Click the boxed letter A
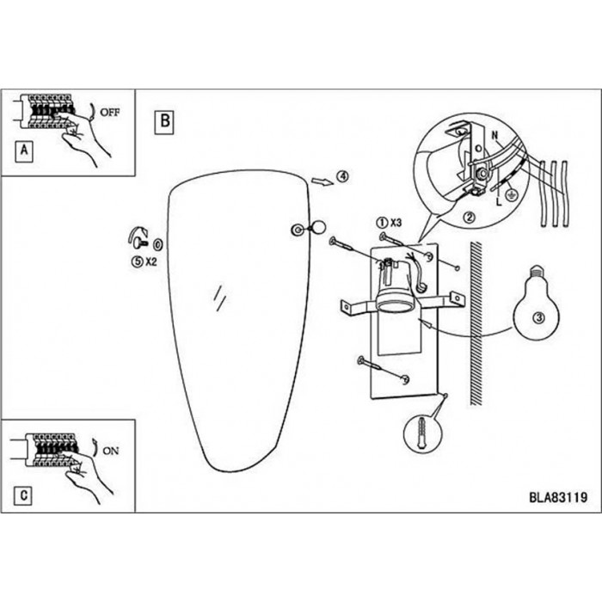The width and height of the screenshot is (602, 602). [x=24, y=150]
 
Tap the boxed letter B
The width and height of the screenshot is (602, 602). [x=164, y=122]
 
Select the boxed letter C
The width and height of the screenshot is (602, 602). [x=23, y=494]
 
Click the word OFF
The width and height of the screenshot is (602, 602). [x=110, y=113]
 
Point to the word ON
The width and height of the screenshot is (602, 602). [x=111, y=451]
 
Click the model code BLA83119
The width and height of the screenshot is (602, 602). [x=558, y=497]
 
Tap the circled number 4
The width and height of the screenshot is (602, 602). [x=342, y=176]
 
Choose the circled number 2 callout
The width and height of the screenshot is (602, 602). [x=470, y=218]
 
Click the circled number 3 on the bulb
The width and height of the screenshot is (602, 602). [x=539, y=317]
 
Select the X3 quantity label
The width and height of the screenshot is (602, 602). [x=396, y=222]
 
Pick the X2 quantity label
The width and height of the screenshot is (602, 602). [x=150, y=261]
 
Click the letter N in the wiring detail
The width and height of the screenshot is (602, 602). [x=494, y=135]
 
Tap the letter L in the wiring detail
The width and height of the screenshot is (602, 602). [x=499, y=200]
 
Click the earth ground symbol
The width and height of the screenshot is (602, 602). [x=511, y=196]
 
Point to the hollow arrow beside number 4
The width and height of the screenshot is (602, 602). [x=322, y=181]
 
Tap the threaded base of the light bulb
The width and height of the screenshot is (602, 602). [x=537, y=272]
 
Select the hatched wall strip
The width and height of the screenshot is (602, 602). [x=476, y=323]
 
